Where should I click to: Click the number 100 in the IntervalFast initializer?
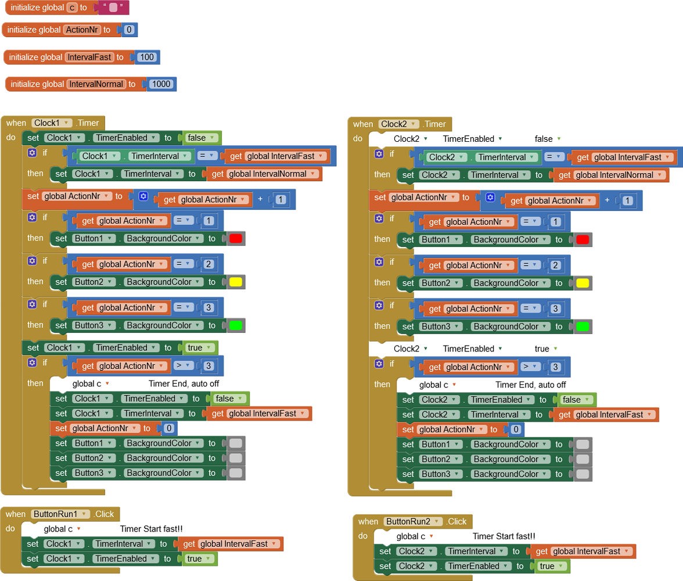(147, 57)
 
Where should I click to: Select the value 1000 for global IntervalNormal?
(161, 84)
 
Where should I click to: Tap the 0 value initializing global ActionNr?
(129, 30)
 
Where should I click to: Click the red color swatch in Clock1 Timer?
(235, 239)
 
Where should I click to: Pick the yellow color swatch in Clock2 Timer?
(583, 283)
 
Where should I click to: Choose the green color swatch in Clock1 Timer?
(235, 326)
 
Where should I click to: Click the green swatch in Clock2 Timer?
(583, 327)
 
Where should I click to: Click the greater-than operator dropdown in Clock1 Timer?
(184, 366)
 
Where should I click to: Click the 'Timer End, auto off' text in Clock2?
(530, 385)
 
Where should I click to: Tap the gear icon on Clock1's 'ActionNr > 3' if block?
(32, 363)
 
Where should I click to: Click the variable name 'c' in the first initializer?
(72, 8)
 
